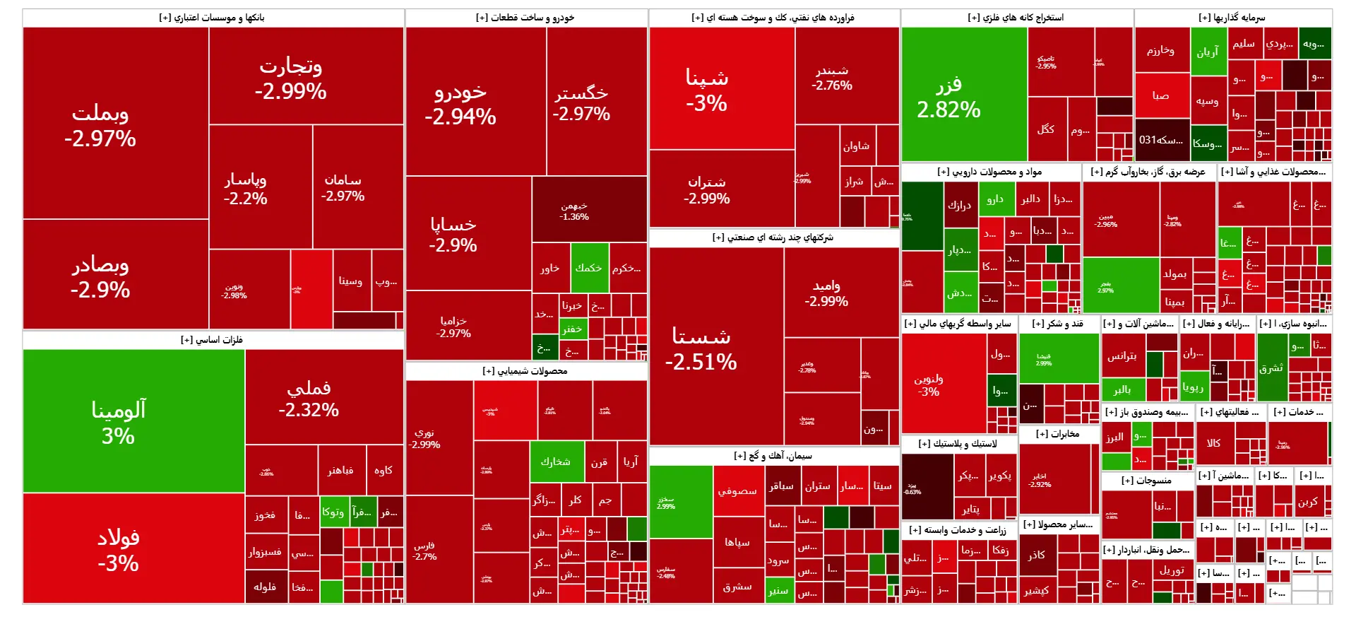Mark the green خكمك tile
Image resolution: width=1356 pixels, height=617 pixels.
point(589,268)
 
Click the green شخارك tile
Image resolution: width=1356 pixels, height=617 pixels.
point(557,462)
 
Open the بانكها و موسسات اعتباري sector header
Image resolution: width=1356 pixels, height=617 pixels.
point(213,18)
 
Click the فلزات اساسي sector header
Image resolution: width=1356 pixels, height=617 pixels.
point(213,340)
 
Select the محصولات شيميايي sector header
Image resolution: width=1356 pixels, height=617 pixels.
point(526,371)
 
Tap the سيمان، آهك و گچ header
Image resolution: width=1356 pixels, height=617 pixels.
point(773,456)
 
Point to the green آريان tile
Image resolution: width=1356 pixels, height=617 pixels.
point(1207,52)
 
